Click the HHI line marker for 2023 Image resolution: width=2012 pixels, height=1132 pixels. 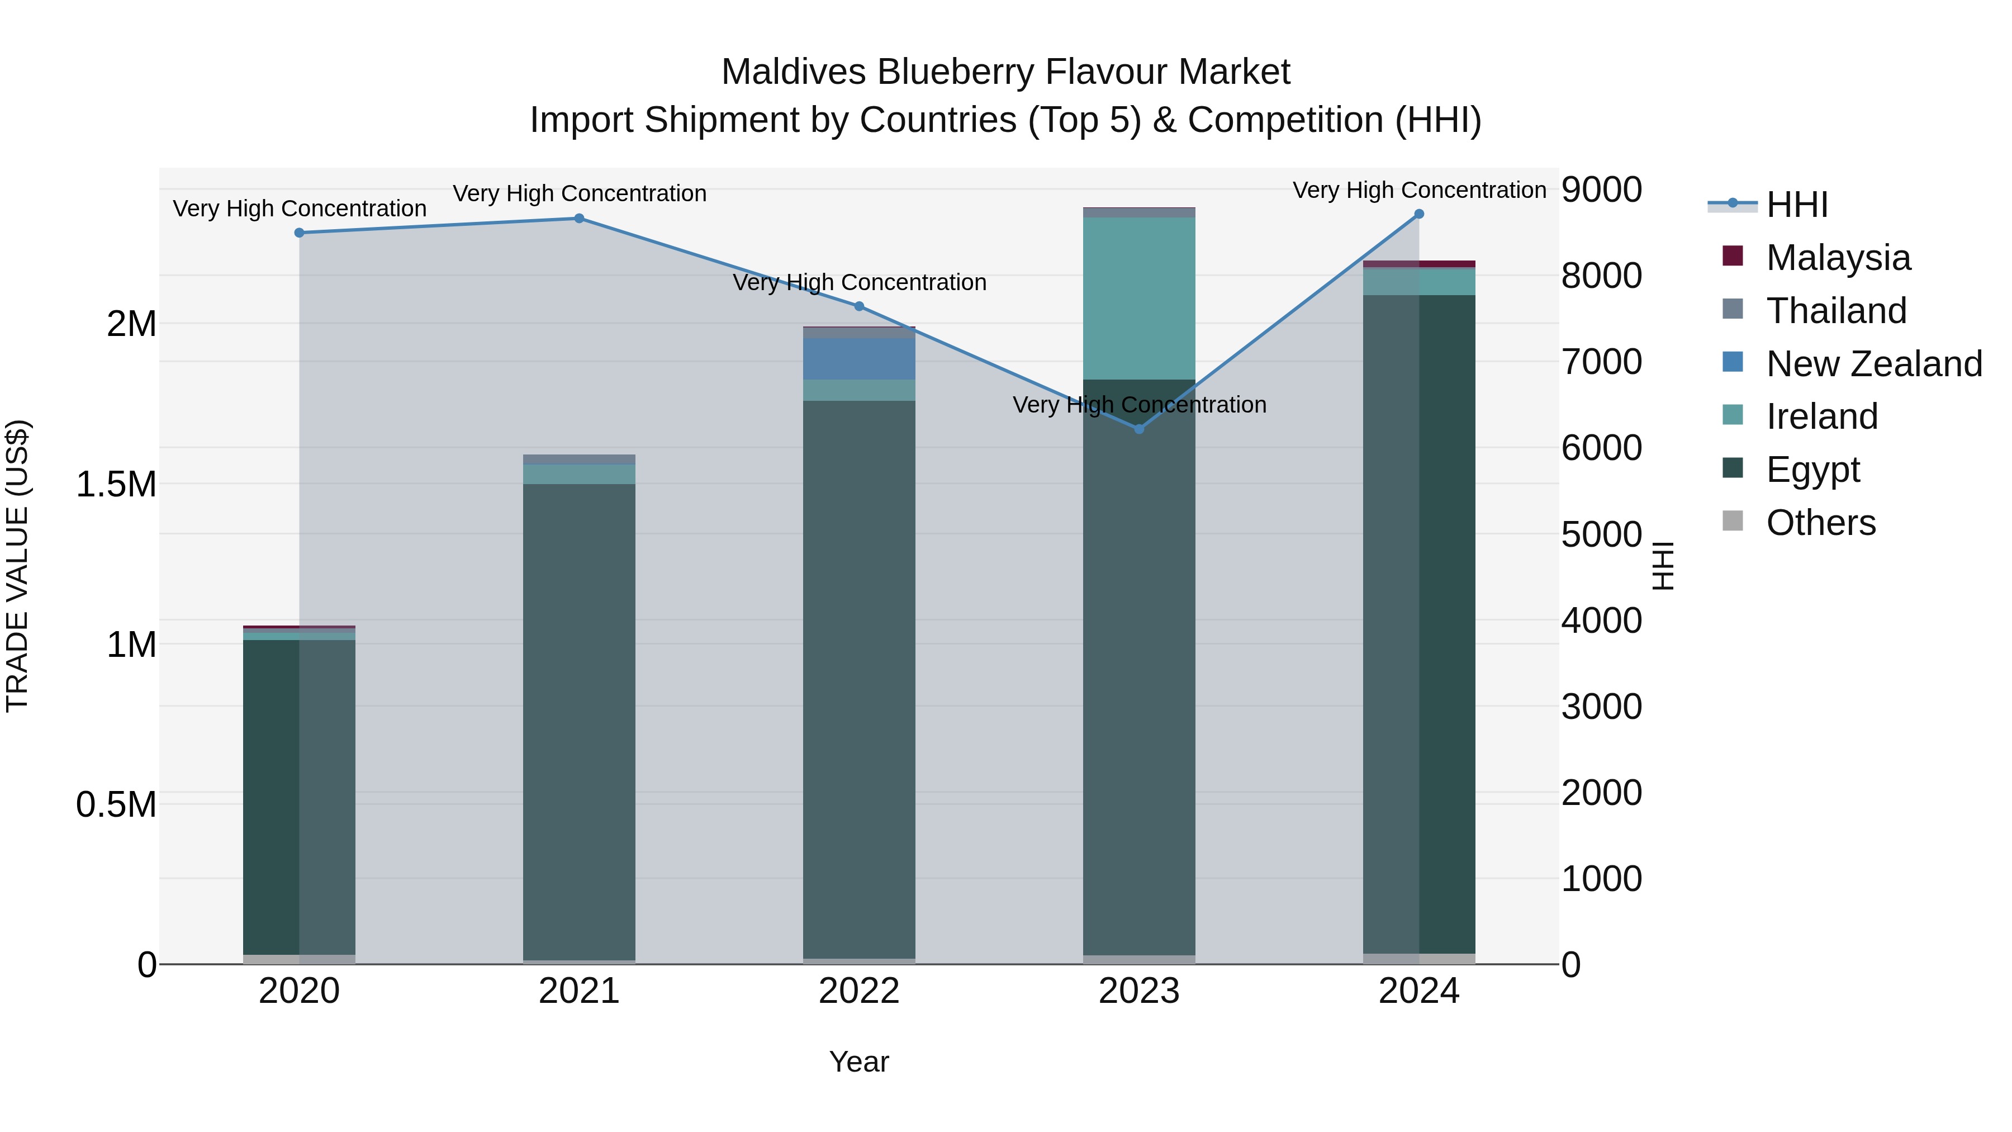coord(1139,429)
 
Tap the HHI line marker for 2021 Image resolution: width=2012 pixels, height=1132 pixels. coord(579,219)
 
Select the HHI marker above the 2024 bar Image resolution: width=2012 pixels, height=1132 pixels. coord(1419,214)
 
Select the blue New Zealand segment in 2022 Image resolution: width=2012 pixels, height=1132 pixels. coord(859,358)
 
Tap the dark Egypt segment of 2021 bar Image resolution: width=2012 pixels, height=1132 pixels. coord(579,719)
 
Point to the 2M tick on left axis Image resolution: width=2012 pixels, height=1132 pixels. coord(131,324)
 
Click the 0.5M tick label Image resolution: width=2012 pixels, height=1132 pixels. coord(116,804)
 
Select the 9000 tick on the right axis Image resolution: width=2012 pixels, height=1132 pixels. coord(1601,190)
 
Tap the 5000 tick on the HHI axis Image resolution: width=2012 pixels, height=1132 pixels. coord(1601,535)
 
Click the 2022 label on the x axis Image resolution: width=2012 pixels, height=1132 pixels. coord(859,991)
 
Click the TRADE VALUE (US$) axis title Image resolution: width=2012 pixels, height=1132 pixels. coord(17,566)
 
